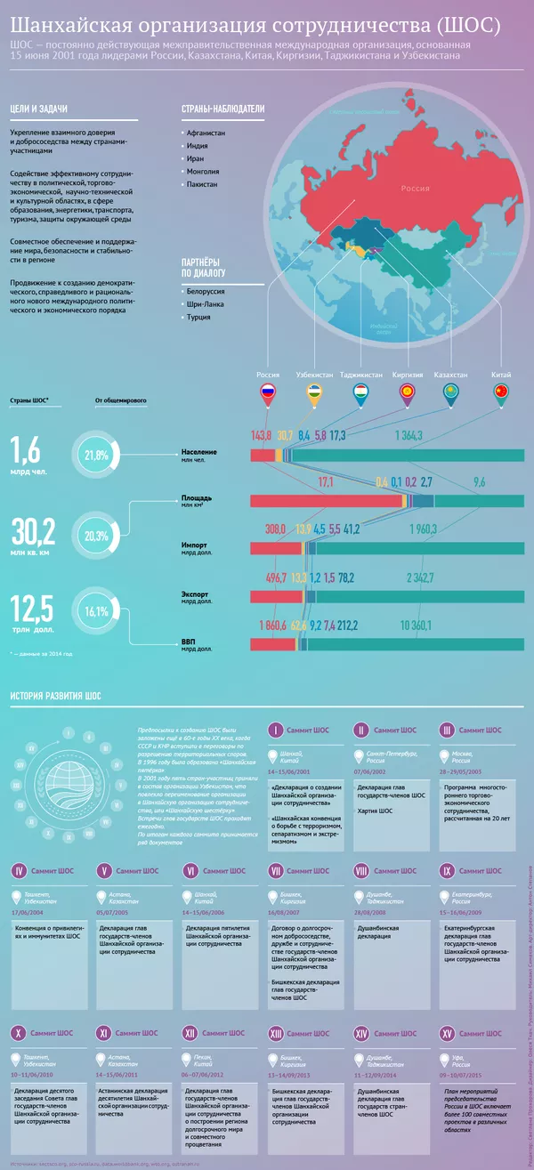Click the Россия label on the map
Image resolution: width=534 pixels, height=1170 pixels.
click(414, 188)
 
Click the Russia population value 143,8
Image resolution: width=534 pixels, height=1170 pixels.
click(261, 435)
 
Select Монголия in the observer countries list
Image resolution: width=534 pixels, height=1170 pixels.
click(204, 171)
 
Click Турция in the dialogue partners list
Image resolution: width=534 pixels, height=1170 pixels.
click(198, 316)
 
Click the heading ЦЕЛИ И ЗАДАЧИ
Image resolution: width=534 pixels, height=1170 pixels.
click(38, 109)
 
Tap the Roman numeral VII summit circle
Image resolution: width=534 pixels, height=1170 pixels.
click(276, 870)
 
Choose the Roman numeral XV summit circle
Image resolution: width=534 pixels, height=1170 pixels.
click(447, 1008)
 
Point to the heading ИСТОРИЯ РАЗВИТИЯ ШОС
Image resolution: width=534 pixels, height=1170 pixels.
click(54, 695)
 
